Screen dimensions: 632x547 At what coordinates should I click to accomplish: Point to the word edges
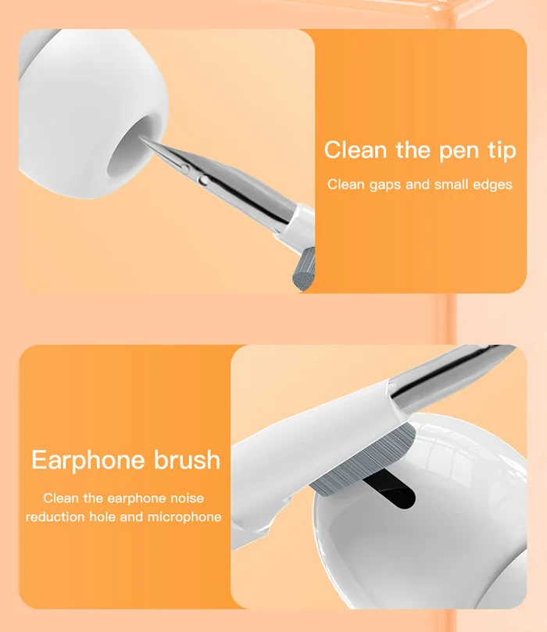[x=492, y=185]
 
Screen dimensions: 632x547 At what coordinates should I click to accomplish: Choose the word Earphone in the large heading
[x=88, y=460]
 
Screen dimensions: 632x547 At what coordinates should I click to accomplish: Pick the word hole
[x=105, y=517]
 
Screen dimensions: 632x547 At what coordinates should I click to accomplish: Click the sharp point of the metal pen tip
[x=143, y=138]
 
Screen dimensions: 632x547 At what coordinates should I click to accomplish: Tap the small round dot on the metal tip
[x=204, y=178]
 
